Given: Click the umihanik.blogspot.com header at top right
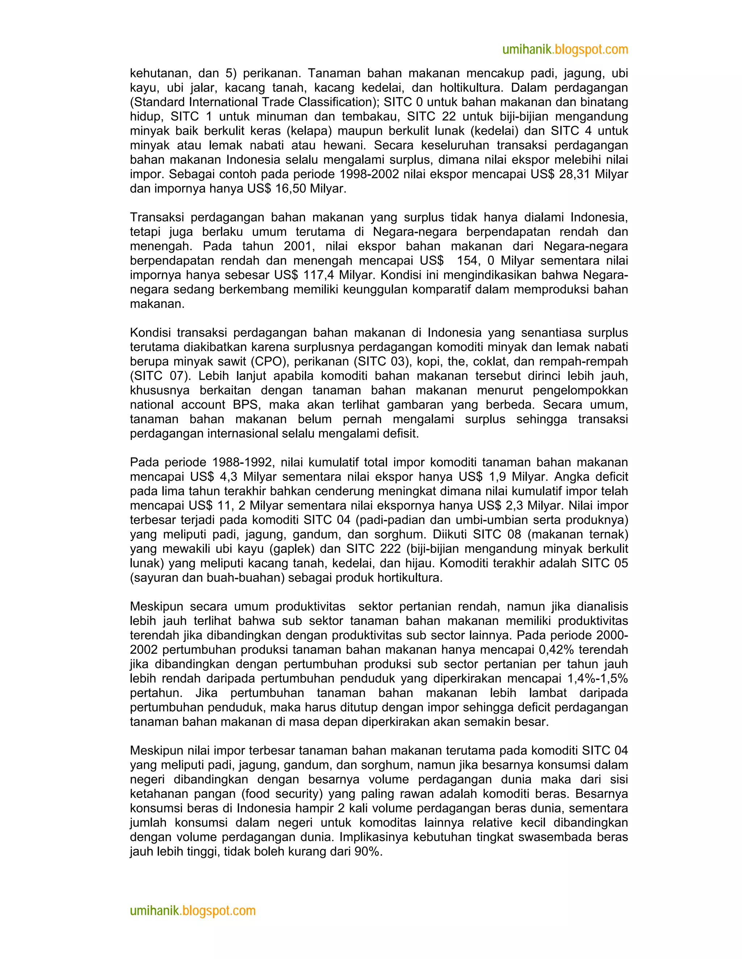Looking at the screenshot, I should pyautogui.click(x=565, y=50).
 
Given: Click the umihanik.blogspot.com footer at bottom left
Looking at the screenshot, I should pyautogui.click(x=192, y=911).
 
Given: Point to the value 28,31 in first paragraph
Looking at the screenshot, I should pyautogui.click(x=574, y=174).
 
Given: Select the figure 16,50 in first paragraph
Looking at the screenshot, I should pyautogui.click(x=291, y=189).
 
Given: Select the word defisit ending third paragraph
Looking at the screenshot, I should pyautogui.click(x=400, y=434).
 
